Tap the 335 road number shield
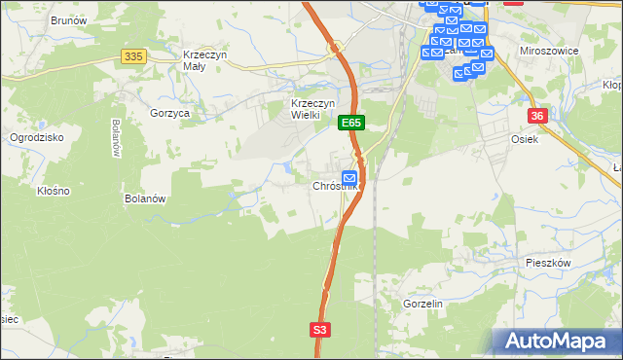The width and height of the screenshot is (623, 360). click(x=133, y=57)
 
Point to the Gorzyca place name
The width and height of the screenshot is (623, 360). click(x=169, y=113)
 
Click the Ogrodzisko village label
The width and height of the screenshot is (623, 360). click(x=36, y=137)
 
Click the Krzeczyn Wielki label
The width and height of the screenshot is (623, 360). click(x=313, y=109)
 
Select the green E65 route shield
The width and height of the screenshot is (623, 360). click(x=351, y=124)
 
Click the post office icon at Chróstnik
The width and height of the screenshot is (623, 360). click(x=348, y=177)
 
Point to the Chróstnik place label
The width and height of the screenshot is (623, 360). click(x=335, y=186)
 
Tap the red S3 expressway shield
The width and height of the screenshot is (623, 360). click(x=320, y=330)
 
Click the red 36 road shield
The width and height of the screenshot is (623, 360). click(x=537, y=116)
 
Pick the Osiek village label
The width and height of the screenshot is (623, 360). click(x=525, y=139)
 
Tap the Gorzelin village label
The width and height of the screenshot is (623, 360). click(x=422, y=304)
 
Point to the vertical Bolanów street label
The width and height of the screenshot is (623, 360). click(x=115, y=137)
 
